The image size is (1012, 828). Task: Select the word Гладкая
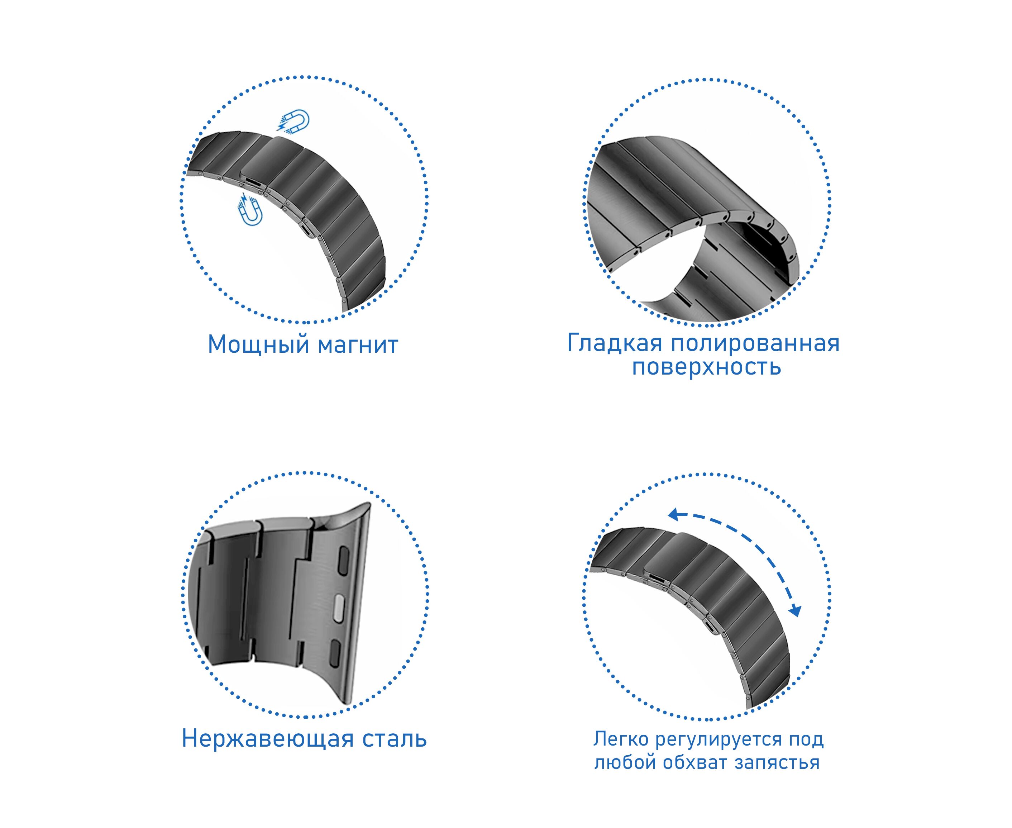[615, 343]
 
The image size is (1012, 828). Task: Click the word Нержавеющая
[268, 739]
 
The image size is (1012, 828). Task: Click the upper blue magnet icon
[294, 121]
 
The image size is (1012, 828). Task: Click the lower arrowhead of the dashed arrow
[795, 611]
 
